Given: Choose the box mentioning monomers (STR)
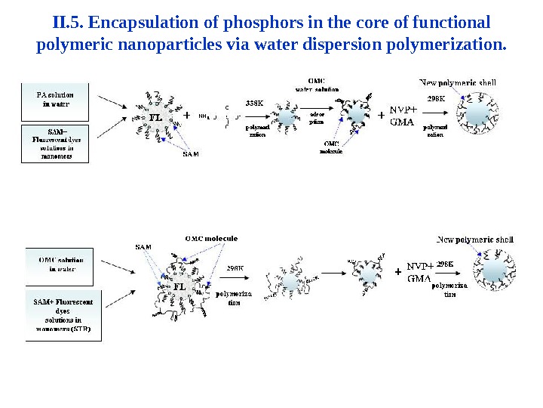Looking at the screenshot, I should (63, 315).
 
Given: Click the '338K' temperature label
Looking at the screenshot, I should (254, 103).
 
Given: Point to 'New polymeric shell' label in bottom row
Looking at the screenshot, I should (475, 240).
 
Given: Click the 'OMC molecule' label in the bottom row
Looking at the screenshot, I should (211, 238).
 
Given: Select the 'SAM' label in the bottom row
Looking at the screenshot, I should (143, 247).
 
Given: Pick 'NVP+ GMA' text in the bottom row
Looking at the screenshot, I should (420, 272).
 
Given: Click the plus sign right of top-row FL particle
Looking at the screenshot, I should (187, 116).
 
